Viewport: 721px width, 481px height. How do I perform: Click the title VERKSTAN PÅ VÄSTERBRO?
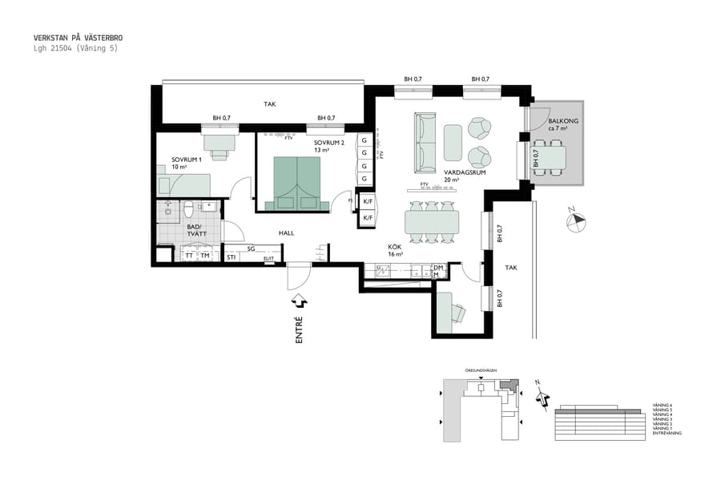(79, 38)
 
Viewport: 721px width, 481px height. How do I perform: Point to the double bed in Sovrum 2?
(297, 180)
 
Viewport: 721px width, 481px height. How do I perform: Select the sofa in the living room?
(425, 142)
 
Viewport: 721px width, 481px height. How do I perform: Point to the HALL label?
(287, 233)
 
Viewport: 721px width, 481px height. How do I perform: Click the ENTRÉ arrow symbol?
(300, 301)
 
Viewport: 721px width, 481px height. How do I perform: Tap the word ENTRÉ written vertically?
(300, 330)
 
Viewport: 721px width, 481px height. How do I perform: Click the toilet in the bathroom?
(189, 209)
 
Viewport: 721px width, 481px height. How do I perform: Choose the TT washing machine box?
(189, 256)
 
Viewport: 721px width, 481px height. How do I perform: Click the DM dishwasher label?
(438, 269)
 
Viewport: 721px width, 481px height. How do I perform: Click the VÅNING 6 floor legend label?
(663, 406)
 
